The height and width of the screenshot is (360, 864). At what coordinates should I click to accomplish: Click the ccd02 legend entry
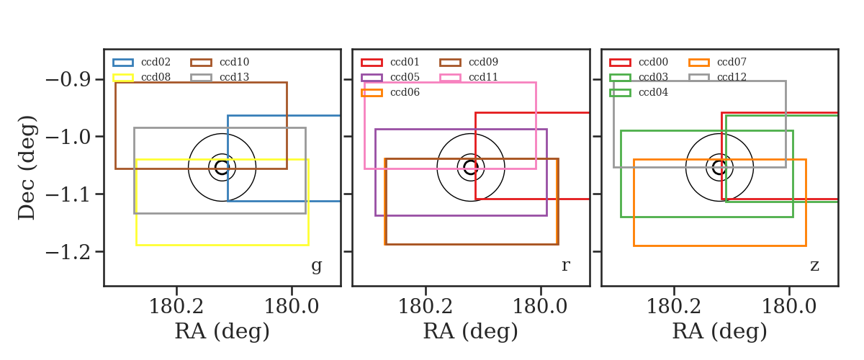tap(142, 62)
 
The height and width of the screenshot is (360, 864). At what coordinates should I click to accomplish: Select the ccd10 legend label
tap(234, 62)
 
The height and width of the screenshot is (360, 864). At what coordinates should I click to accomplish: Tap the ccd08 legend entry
tap(142, 77)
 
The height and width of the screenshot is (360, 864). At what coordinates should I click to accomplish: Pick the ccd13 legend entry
tap(220, 77)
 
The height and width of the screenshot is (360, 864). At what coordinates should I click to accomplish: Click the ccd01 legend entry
tap(390, 62)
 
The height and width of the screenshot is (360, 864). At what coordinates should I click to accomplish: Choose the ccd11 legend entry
tap(469, 77)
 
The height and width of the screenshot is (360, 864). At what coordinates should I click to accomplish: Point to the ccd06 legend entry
tap(390, 92)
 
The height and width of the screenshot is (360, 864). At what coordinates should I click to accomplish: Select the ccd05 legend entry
tap(390, 77)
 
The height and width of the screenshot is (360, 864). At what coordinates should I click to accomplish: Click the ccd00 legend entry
tap(639, 62)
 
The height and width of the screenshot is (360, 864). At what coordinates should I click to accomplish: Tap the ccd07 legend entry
tap(717, 62)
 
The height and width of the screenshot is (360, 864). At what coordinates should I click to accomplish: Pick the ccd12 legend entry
tap(717, 77)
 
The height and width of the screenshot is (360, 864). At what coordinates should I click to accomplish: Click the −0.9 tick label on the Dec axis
tap(68, 79)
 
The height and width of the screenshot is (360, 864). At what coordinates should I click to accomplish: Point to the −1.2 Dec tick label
tap(68, 252)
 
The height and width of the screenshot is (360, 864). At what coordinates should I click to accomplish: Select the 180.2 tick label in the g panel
tap(176, 307)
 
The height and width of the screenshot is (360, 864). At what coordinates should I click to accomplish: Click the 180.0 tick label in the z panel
tap(789, 307)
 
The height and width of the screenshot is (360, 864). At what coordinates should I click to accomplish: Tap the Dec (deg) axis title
tap(27, 168)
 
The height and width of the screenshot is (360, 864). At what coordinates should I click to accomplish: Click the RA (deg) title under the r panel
tap(471, 331)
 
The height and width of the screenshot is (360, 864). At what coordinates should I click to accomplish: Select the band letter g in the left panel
tap(316, 266)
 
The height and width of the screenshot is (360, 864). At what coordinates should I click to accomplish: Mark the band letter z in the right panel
tap(814, 266)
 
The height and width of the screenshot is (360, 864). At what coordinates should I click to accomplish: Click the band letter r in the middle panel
tap(565, 266)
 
